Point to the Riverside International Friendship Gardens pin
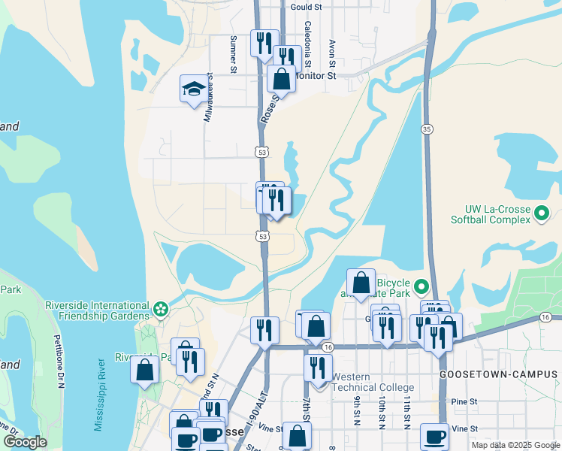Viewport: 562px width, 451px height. [160, 309]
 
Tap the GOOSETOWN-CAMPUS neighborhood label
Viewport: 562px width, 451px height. [499, 374]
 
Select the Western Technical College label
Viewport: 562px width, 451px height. [373, 381]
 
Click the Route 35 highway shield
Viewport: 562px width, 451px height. [426, 129]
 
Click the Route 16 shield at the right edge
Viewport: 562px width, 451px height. [545, 318]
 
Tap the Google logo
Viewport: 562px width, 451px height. [25, 442]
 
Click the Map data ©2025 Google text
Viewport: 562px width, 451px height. [515, 445]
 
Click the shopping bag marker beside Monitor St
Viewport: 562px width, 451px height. [281, 78]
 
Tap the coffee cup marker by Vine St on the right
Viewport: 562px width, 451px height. [434, 437]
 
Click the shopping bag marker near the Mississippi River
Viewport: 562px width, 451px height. [144, 370]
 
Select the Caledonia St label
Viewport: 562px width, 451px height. [307, 41]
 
